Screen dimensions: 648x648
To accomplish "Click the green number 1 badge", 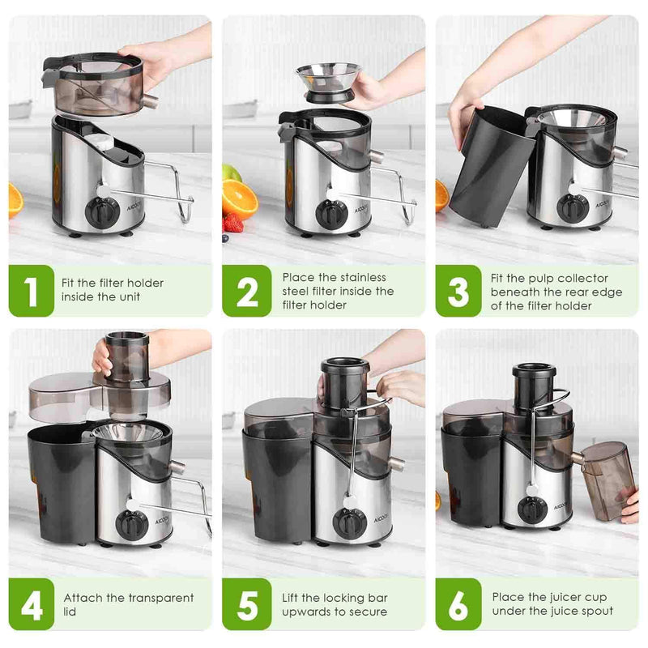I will click(x=32, y=291).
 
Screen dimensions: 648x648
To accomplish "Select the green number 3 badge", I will click(x=458, y=291).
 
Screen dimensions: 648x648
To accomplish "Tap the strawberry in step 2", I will click(x=233, y=223).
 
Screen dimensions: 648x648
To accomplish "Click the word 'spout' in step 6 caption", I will click(x=595, y=612).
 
